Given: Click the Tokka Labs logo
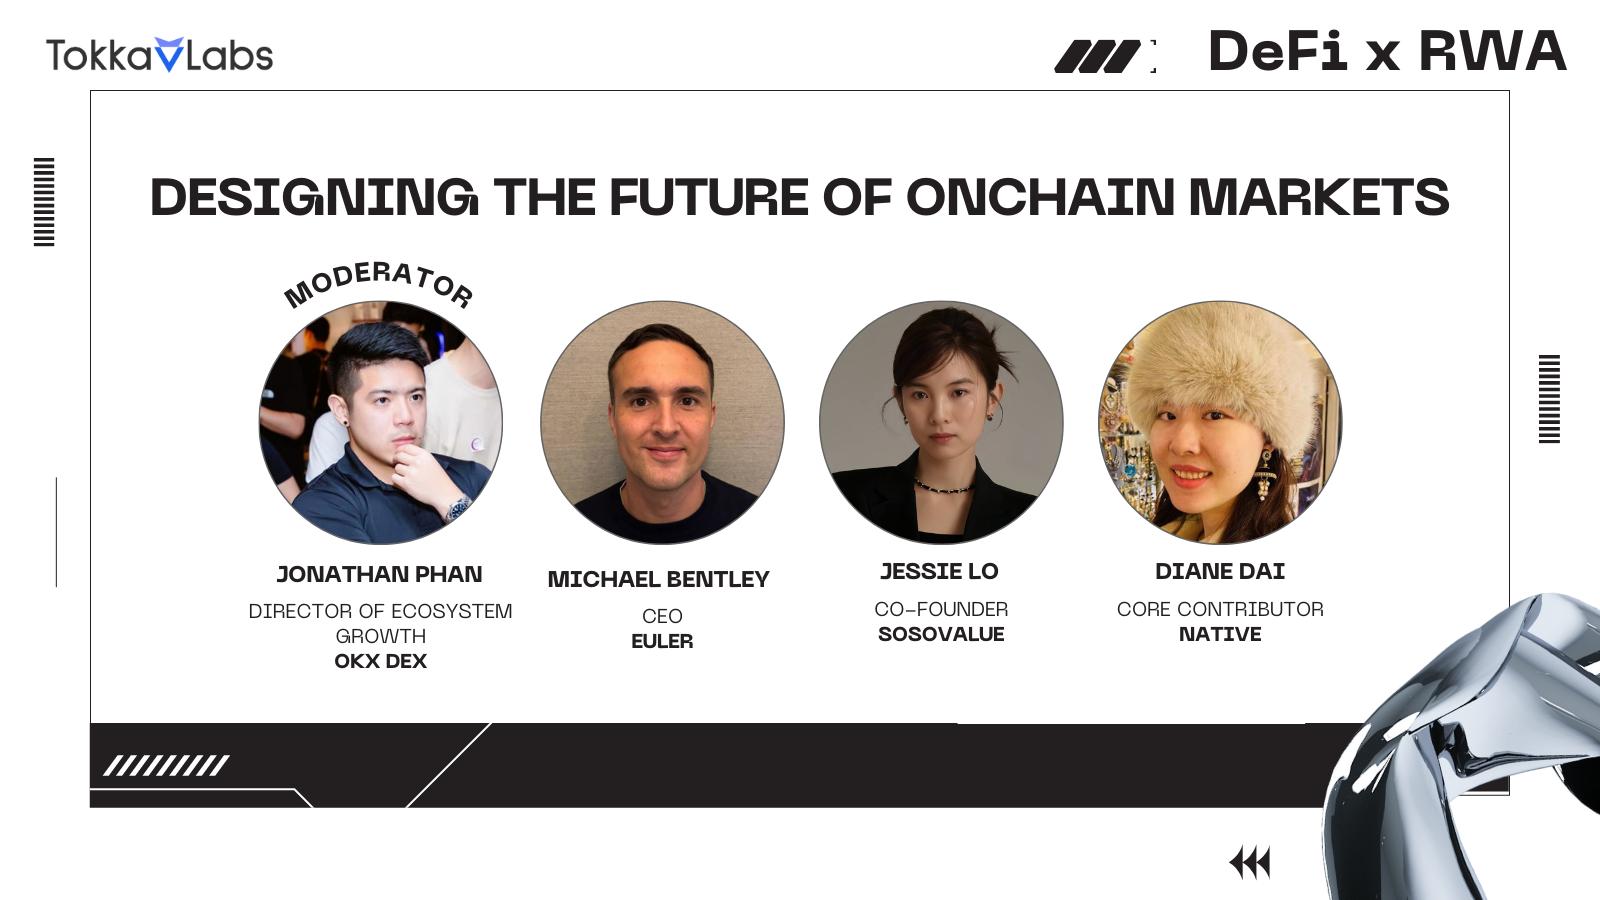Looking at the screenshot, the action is (159, 55).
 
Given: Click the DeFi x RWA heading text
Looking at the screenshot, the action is (1387, 51).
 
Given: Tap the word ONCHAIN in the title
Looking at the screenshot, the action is (1040, 196).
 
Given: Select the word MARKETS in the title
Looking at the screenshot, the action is (1319, 196).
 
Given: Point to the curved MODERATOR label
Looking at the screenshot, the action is (378, 284).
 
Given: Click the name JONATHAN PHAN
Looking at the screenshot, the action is (379, 574).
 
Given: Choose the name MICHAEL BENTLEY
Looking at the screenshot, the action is (659, 579).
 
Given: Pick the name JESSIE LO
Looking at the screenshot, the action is (939, 571).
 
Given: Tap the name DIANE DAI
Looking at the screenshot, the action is (1220, 571).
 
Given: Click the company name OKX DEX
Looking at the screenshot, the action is (380, 661).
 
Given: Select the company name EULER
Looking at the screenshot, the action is (662, 641).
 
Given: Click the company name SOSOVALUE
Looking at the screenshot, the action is (941, 634).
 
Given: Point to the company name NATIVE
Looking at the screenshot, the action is (1220, 634).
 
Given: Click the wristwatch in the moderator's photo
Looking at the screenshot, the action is (458, 508).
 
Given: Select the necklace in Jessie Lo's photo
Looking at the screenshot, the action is (943, 488).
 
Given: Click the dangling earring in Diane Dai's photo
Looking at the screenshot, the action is (1265, 476).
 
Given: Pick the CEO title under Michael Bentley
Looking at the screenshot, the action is (662, 616).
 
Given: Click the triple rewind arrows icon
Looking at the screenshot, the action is (1250, 863).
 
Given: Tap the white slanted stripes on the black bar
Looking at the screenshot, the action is (166, 766).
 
